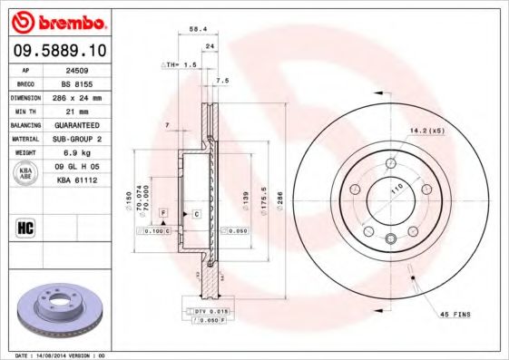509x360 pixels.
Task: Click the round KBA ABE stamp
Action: [26, 173]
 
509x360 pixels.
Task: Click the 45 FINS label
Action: [456, 314]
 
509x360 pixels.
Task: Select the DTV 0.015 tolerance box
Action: [210, 312]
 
